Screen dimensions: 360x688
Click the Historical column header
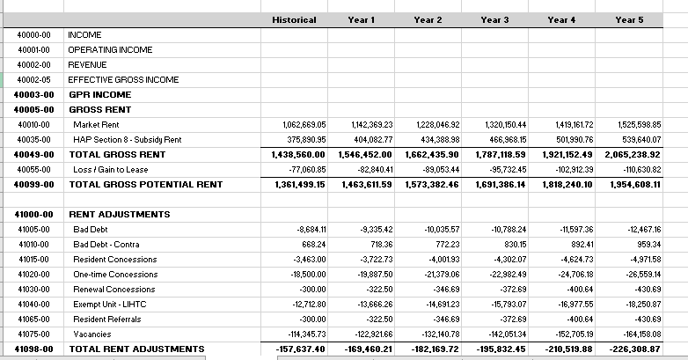click(x=294, y=19)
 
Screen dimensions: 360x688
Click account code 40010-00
click(x=33, y=125)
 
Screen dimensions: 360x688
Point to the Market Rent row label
click(x=96, y=125)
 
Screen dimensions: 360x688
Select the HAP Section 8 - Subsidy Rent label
click(x=127, y=139)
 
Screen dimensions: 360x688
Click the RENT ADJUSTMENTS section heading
click(x=119, y=214)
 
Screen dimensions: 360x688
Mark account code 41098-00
click(x=34, y=349)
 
